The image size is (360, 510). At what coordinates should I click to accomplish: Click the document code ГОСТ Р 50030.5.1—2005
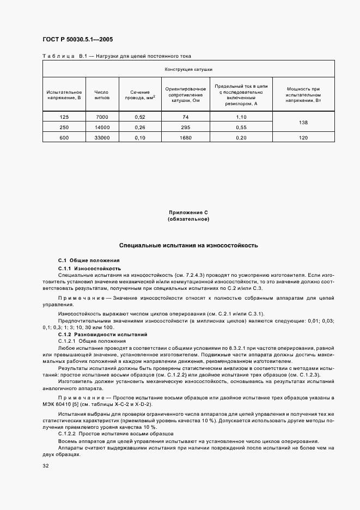click(x=77, y=40)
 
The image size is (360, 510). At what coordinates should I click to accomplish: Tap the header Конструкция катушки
click(x=188, y=70)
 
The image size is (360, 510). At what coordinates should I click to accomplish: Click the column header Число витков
click(x=102, y=94)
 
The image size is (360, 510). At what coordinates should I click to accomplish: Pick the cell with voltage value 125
click(x=64, y=117)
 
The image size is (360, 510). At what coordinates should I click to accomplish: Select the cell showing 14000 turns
click(x=102, y=127)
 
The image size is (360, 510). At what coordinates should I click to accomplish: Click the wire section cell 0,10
click(x=139, y=138)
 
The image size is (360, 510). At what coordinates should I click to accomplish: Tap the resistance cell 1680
click(x=185, y=138)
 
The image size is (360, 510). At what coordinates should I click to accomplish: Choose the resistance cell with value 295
click(x=185, y=127)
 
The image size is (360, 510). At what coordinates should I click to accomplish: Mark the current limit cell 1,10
click(x=241, y=117)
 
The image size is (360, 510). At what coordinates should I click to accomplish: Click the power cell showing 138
click(x=303, y=123)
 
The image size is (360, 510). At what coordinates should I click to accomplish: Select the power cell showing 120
click(x=303, y=138)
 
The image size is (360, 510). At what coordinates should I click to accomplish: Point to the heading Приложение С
click(x=188, y=213)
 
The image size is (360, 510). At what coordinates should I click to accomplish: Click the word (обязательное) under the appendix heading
click(x=188, y=219)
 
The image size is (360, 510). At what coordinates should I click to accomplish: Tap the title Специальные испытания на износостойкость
click(x=188, y=246)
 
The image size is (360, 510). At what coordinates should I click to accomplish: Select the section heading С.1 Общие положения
click(x=89, y=262)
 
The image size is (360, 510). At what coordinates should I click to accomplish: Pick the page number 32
click(x=46, y=466)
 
